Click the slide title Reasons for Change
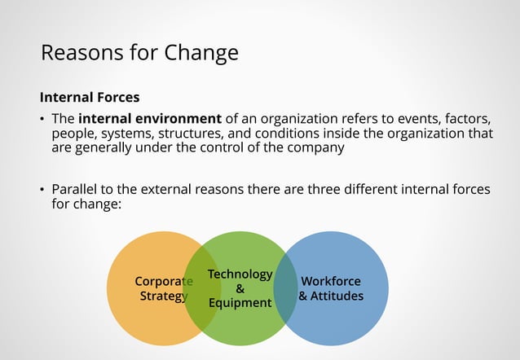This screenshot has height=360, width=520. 139,53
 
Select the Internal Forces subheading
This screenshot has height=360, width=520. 90,98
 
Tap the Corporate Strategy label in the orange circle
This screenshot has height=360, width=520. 163,289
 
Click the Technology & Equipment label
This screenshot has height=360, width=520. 240,288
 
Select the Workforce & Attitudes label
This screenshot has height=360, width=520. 331,289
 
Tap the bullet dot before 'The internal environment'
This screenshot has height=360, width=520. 43,120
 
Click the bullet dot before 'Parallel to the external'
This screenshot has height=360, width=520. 43,190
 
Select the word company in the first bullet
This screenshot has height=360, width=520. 320,148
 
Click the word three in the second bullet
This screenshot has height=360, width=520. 331,189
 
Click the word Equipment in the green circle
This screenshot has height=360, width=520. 240,303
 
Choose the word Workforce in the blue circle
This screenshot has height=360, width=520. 331,282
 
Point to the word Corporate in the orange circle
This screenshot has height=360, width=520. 163,282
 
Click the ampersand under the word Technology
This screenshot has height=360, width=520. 240,288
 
